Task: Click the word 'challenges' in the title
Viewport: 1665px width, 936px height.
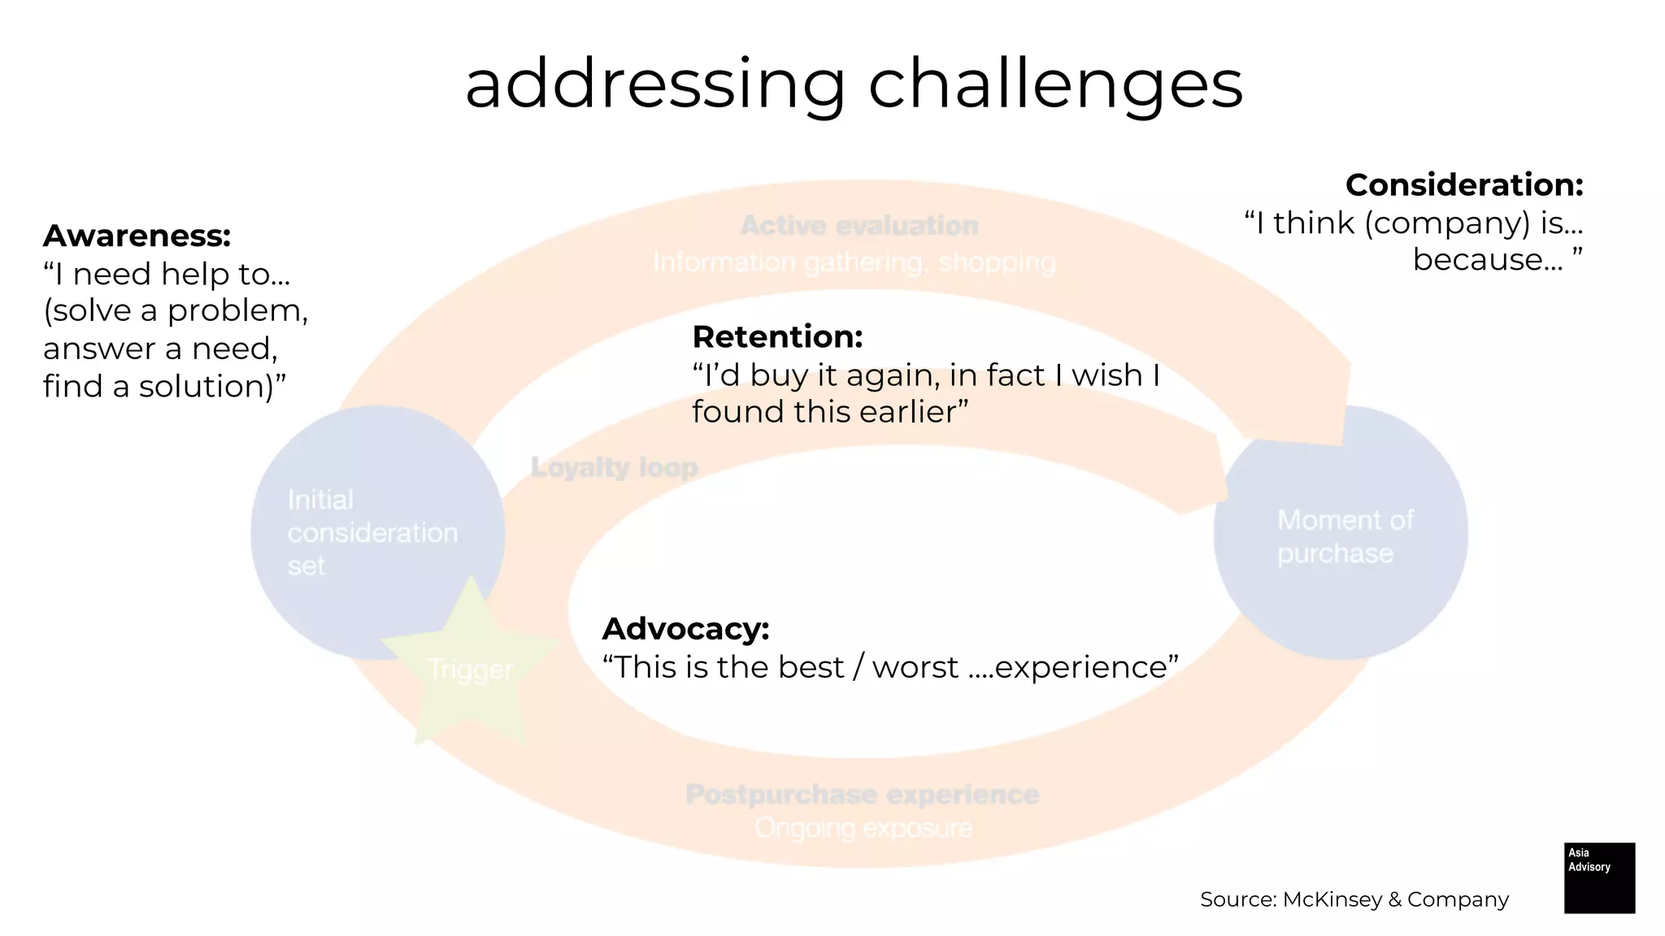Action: tap(1055, 85)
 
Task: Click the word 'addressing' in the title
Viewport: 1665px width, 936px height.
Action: tap(654, 85)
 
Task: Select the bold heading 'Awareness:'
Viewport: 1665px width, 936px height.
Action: tap(137, 236)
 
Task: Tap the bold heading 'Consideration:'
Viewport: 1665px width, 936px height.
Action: tap(1463, 184)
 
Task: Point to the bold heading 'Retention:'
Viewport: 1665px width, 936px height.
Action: tap(776, 336)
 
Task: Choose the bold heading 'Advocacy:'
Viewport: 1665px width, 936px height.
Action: tap(685, 629)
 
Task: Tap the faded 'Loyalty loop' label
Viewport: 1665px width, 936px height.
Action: tap(614, 467)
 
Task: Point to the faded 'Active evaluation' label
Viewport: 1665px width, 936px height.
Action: tap(859, 225)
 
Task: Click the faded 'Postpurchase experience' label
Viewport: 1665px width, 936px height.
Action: tap(862, 794)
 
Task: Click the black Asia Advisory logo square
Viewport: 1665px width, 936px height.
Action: tap(1598, 877)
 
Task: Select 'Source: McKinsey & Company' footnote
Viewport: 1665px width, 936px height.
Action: tap(1354, 899)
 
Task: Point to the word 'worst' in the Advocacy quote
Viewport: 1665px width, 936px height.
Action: tap(915, 667)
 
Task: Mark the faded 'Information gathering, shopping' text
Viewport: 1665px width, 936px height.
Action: tap(854, 262)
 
